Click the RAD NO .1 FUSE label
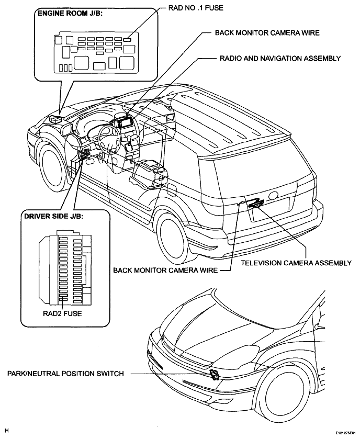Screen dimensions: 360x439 196,8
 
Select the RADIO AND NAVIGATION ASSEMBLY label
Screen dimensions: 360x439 280,59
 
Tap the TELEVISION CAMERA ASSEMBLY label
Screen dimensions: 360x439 296,263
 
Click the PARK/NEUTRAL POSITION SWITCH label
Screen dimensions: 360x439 65,374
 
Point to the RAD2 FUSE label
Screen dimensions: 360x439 62,313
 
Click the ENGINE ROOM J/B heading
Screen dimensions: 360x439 70,14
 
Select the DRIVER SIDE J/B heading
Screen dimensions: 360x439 53,216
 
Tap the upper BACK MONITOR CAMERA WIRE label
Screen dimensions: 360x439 267,33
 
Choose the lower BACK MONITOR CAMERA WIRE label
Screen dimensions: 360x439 165,271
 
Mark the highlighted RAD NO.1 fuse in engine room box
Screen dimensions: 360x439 127,39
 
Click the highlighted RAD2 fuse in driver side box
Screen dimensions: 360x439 63,296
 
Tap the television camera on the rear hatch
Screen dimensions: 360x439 255,204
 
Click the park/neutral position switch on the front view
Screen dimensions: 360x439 215,375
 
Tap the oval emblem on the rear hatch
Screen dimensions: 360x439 273,196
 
